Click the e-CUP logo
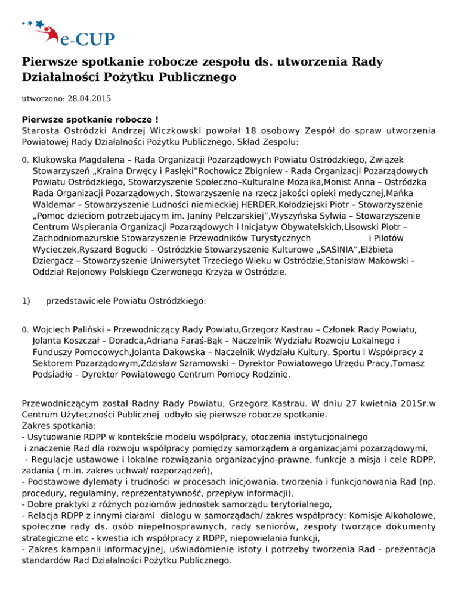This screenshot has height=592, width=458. coord(69,31)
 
